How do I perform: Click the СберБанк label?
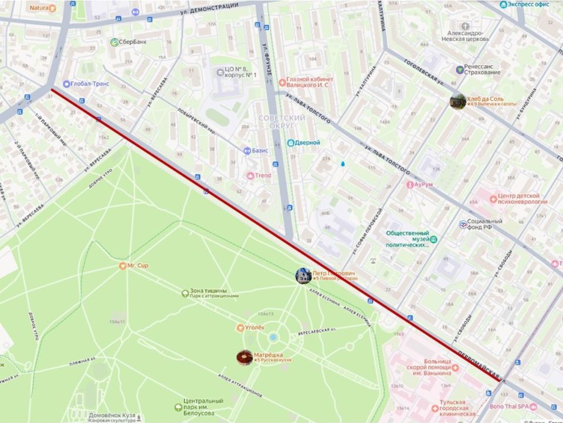[133, 42]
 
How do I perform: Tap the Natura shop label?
[39, 8]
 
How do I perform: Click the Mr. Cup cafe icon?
[123, 266]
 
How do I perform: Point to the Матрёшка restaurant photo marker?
[245, 357]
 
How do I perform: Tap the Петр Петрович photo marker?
[303, 276]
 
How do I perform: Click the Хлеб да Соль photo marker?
[457, 101]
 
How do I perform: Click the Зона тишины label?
[208, 291]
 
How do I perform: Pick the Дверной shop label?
[307, 143]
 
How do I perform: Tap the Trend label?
[263, 175]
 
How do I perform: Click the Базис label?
[260, 150]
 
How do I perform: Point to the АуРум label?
[422, 184]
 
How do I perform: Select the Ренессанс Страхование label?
[482, 69]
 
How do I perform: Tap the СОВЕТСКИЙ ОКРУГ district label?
[281, 121]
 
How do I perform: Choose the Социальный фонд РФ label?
[485, 224]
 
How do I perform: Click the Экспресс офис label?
[528, 5]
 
